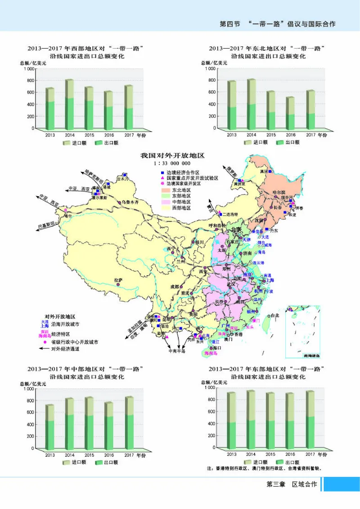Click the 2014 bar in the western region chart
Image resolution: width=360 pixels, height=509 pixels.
tap(69, 105)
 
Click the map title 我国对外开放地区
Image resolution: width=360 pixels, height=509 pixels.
tap(172, 155)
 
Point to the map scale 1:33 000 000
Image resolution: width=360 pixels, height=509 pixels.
tap(172, 163)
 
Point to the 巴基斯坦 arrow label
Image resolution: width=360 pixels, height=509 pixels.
tap(47, 224)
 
